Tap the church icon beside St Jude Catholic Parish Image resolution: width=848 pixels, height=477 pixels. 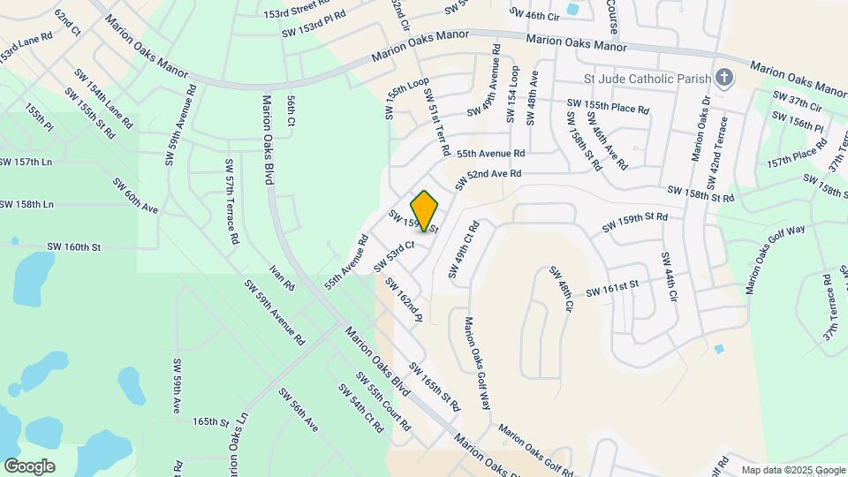[x=724, y=78]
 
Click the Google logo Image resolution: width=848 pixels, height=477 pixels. [x=29, y=466]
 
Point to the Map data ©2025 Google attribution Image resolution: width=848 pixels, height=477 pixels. [x=793, y=470]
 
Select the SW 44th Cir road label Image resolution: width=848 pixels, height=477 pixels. [x=668, y=276]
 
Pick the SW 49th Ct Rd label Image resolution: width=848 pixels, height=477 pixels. [x=463, y=249]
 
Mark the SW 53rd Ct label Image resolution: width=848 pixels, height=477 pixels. [x=394, y=256]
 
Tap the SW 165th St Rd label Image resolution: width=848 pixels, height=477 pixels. [x=435, y=387]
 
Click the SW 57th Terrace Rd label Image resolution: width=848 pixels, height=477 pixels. [x=231, y=201]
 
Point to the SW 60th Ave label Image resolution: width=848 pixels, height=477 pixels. [x=134, y=195]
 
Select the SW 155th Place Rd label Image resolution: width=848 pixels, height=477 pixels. [x=608, y=108]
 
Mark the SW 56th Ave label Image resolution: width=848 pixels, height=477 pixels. [x=298, y=409]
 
